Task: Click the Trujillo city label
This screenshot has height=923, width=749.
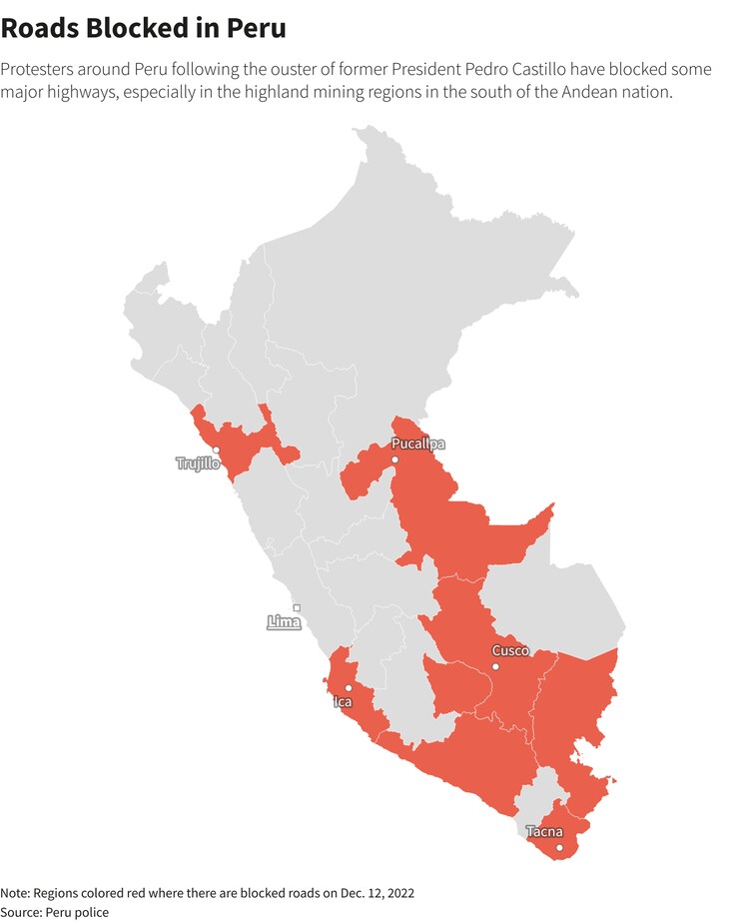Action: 198,464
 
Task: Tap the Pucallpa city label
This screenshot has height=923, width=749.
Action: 418,444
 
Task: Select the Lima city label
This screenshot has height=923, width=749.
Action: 285,622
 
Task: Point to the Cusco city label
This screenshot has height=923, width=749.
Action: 510,651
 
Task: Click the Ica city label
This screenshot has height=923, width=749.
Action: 343,702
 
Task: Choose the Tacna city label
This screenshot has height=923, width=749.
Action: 544,832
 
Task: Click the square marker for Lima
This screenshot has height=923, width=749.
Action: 297,607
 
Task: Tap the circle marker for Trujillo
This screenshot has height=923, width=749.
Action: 216,450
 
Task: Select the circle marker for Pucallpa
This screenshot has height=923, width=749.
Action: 394,460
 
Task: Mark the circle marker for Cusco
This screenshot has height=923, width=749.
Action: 494,666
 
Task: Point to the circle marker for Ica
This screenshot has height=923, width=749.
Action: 348,687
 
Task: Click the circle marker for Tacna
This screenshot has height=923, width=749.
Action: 559,848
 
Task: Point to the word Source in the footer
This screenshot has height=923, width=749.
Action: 19,912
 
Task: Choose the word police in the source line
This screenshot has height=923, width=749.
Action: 92,912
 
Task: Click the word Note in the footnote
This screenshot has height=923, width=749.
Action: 15,892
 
